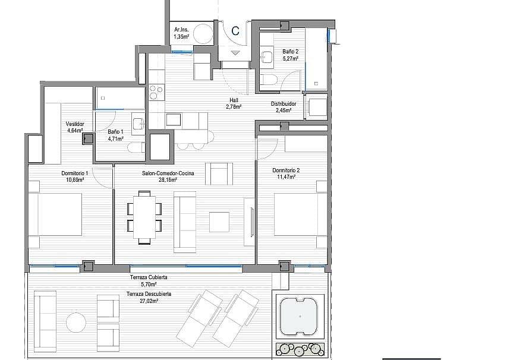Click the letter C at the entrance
tap(235, 31)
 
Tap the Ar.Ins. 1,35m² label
tap(181, 33)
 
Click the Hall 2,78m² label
tap(234, 103)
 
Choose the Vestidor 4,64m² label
tap(75, 127)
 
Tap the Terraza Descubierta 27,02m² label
tap(149, 297)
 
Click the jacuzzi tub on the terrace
tap(300, 317)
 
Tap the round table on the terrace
tap(76, 322)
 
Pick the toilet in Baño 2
tap(269, 79)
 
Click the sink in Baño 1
tap(138, 123)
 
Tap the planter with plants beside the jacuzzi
tap(300, 349)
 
